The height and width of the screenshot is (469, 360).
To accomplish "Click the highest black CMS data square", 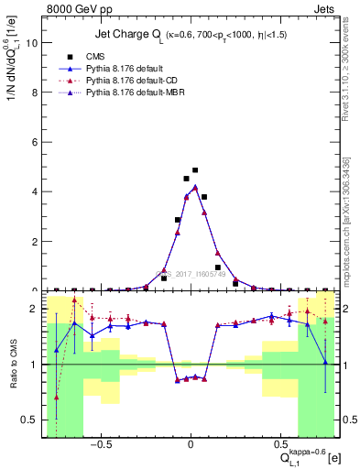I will (195, 169).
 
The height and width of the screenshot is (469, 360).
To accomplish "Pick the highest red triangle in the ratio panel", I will (75, 300).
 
